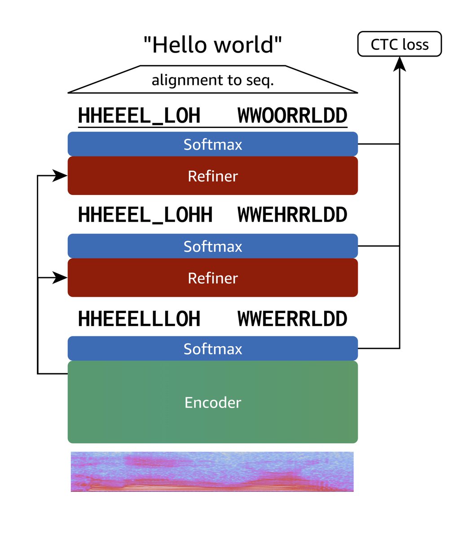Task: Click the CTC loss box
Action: (x=399, y=44)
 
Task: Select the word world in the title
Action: (x=244, y=45)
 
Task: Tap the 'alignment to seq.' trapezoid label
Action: (x=213, y=80)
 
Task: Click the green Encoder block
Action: (x=212, y=402)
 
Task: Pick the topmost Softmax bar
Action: (x=212, y=144)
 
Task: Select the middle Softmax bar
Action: (x=212, y=246)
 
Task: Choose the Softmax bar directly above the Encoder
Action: (x=212, y=349)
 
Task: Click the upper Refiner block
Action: (x=212, y=176)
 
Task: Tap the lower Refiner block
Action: (x=212, y=278)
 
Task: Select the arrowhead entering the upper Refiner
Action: (x=60, y=176)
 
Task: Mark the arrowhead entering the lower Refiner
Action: (x=60, y=278)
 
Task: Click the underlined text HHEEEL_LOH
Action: (x=139, y=116)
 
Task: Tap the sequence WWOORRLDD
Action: (x=292, y=115)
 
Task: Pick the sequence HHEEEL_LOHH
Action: (x=145, y=215)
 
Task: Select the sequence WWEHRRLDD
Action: (x=292, y=215)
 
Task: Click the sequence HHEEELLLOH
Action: (x=139, y=319)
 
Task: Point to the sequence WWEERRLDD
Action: (x=292, y=319)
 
